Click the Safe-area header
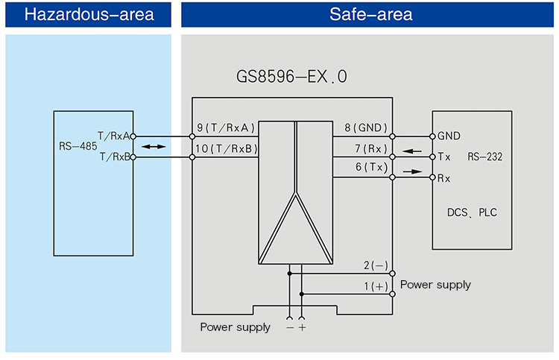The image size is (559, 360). pyautogui.click(x=369, y=14)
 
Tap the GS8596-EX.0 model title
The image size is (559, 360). pyautogui.click(x=292, y=77)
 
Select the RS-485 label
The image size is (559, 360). pyautogui.click(x=78, y=147)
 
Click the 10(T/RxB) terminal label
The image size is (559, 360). pyautogui.click(x=226, y=149)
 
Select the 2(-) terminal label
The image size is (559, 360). pyautogui.click(x=376, y=265)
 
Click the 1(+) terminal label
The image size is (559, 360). pyautogui.click(x=376, y=286)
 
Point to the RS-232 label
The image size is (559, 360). pyautogui.click(x=484, y=157)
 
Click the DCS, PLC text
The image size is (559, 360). pyautogui.click(x=472, y=213)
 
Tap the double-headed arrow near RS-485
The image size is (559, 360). pyautogui.click(x=154, y=148)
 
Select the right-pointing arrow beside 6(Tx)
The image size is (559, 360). pyautogui.click(x=411, y=171)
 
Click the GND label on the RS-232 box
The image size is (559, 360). pyautogui.click(x=449, y=136)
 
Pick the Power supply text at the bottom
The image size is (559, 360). pyautogui.click(x=235, y=327)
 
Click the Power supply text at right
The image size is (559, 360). pyautogui.click(x=435, y=285)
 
